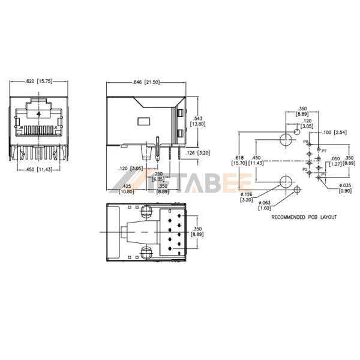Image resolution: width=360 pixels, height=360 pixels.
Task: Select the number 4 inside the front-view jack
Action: click(39, 113)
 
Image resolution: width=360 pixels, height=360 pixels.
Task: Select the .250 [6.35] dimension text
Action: click(160, 176)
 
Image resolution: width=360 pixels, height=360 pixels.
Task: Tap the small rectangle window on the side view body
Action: click(145, 121)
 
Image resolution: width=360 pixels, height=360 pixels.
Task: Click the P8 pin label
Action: click(305, 142)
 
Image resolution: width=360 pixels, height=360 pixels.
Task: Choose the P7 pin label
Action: click(324, 151)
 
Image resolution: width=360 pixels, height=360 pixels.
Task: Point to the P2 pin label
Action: click(305, 170)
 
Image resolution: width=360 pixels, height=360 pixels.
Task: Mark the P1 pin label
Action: click(323, 175)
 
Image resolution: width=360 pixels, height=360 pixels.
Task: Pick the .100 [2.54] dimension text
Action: click(334, 131)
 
